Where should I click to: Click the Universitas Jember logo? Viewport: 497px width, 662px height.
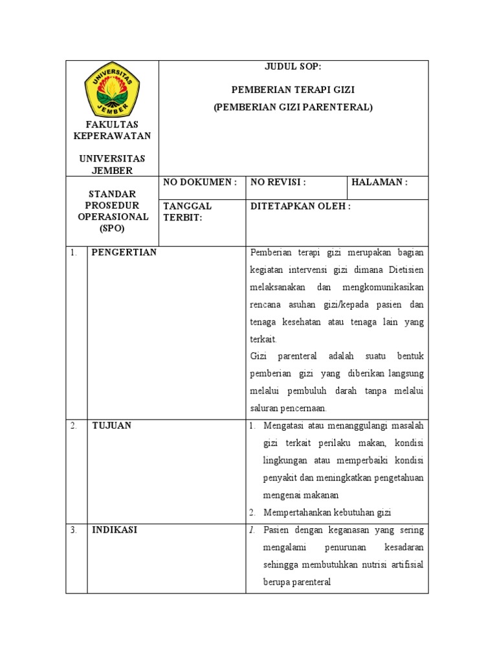pos(112,90)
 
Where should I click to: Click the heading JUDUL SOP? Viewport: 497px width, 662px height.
pos(293,67)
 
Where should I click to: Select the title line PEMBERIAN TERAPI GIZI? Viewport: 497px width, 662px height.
pos(293,90)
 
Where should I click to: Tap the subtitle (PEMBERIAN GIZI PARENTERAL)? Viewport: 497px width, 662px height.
pos(293,107)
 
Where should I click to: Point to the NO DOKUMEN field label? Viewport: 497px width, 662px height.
pos(200,182)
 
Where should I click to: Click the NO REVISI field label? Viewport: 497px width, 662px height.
pos(278,182)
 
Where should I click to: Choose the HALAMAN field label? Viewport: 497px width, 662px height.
pos(379,182)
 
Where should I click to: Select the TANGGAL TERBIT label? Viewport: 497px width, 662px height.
pos(188,211)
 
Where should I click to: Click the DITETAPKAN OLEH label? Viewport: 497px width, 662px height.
pos(300,206)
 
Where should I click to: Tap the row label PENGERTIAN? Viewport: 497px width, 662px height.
pos(124,252)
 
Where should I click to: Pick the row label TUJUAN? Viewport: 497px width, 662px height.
pos(111,425)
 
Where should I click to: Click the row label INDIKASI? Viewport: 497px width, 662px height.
pos(115,529)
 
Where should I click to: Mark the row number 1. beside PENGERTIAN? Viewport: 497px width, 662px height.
pos(74,253)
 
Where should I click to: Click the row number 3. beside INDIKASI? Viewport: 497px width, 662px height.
pos(74,530)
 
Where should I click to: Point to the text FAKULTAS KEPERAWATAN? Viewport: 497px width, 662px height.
pos(112,130)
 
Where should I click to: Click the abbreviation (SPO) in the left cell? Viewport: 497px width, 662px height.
pos(112,229)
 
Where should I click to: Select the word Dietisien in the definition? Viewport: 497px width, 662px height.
pos(405,270)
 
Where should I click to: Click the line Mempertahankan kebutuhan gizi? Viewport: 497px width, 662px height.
pos(327,512)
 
